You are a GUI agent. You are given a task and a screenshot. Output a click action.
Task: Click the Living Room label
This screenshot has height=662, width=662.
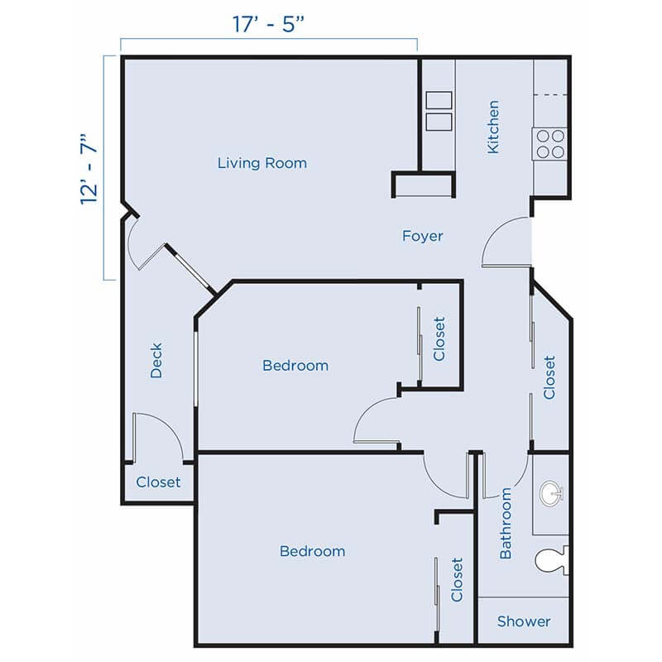(261, 163)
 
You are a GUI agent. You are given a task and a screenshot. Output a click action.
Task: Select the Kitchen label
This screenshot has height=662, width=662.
(493, 127)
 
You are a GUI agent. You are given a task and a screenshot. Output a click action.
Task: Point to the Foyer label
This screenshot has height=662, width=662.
(422, 236)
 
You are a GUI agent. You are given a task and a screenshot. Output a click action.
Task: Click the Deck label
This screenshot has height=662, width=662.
(156, 361)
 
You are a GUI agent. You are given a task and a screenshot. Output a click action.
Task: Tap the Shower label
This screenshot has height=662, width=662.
(523, 621)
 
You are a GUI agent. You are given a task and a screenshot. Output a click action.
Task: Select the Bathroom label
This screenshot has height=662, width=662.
(506, 523)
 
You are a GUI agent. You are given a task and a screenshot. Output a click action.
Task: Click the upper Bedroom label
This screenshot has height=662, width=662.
(295, 365)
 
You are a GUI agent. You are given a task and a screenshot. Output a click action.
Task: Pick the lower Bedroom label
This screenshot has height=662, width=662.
(312, 551)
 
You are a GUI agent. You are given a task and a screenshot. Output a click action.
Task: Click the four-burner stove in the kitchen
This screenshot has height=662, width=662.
(550, 144)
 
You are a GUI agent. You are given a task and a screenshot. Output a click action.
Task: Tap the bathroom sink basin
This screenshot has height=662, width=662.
(550, 495)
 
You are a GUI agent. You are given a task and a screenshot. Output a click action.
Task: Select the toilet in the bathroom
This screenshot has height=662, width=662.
(551, 562)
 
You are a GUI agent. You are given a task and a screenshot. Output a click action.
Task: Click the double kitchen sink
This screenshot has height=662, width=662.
(439, 112)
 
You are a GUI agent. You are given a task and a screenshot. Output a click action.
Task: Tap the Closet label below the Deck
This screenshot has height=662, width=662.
(158, 482)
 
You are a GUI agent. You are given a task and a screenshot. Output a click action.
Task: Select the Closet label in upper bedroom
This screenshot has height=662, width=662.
(439, 339)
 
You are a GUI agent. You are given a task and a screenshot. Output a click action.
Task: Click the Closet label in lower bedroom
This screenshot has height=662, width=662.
(457, 579)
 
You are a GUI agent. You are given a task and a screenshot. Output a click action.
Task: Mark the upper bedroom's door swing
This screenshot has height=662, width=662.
(376, 422)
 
